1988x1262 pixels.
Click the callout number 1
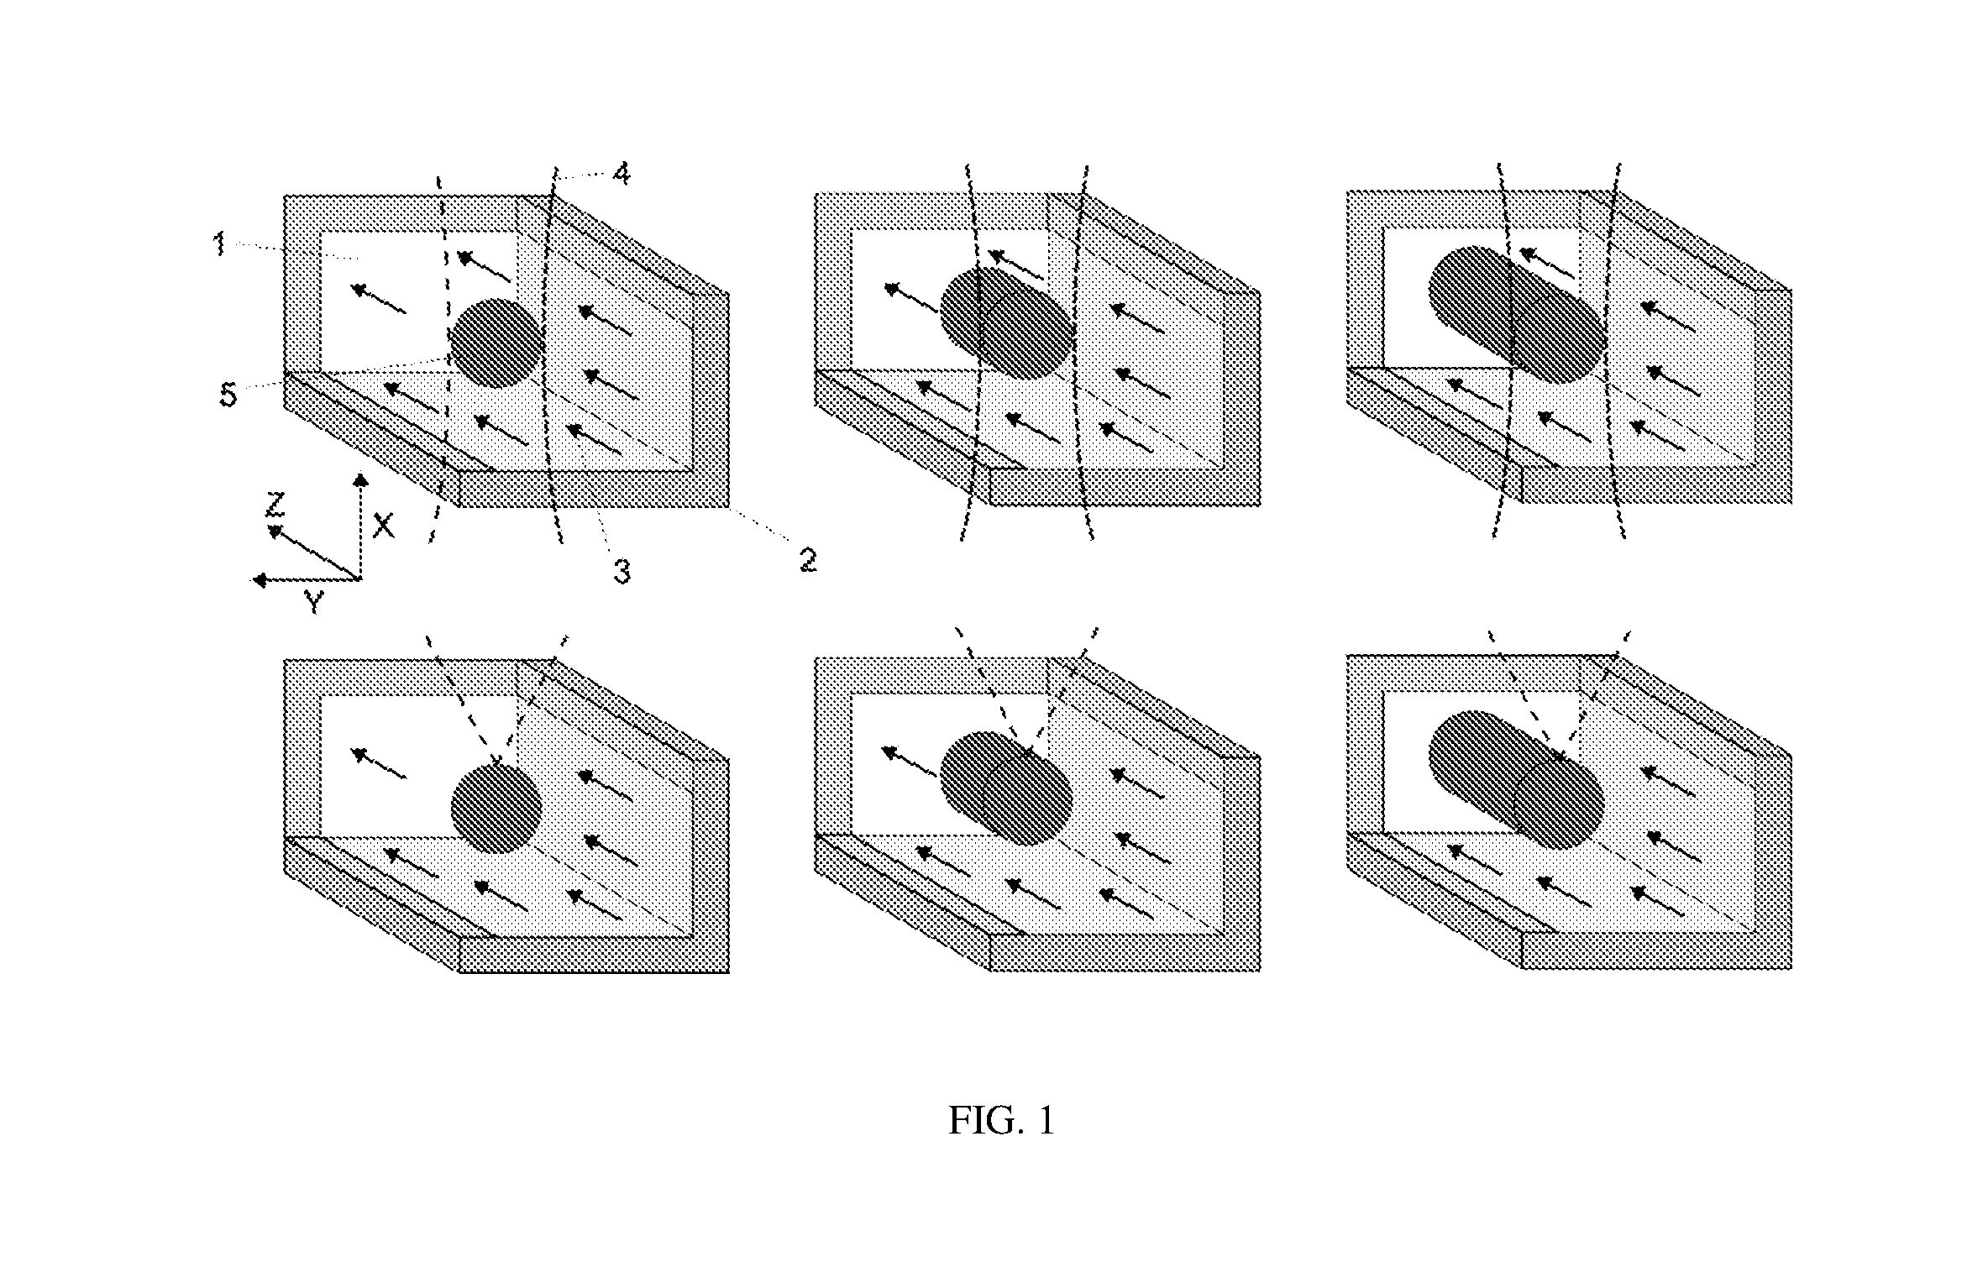click(220, 245)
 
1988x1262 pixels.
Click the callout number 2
click(807, 560)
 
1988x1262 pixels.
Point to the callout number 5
click(228, 395)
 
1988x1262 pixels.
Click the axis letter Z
click(275, 505)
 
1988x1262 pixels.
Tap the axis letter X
click(383, 526)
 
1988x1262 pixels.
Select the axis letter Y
click(313, 601)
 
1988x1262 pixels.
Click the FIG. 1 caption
click(1001, 1120)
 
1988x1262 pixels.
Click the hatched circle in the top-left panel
click(496, 343)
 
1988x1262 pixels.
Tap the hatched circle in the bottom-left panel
click(496, 809)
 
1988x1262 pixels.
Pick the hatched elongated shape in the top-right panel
click(1517, 314)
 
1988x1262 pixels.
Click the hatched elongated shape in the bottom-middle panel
click(1005, 788)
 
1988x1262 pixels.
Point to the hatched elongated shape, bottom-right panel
click(1517, 779)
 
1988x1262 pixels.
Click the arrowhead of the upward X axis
click(360, 479)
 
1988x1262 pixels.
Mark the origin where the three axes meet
click(360, 579)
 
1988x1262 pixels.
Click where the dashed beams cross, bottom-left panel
click(499, 762)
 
